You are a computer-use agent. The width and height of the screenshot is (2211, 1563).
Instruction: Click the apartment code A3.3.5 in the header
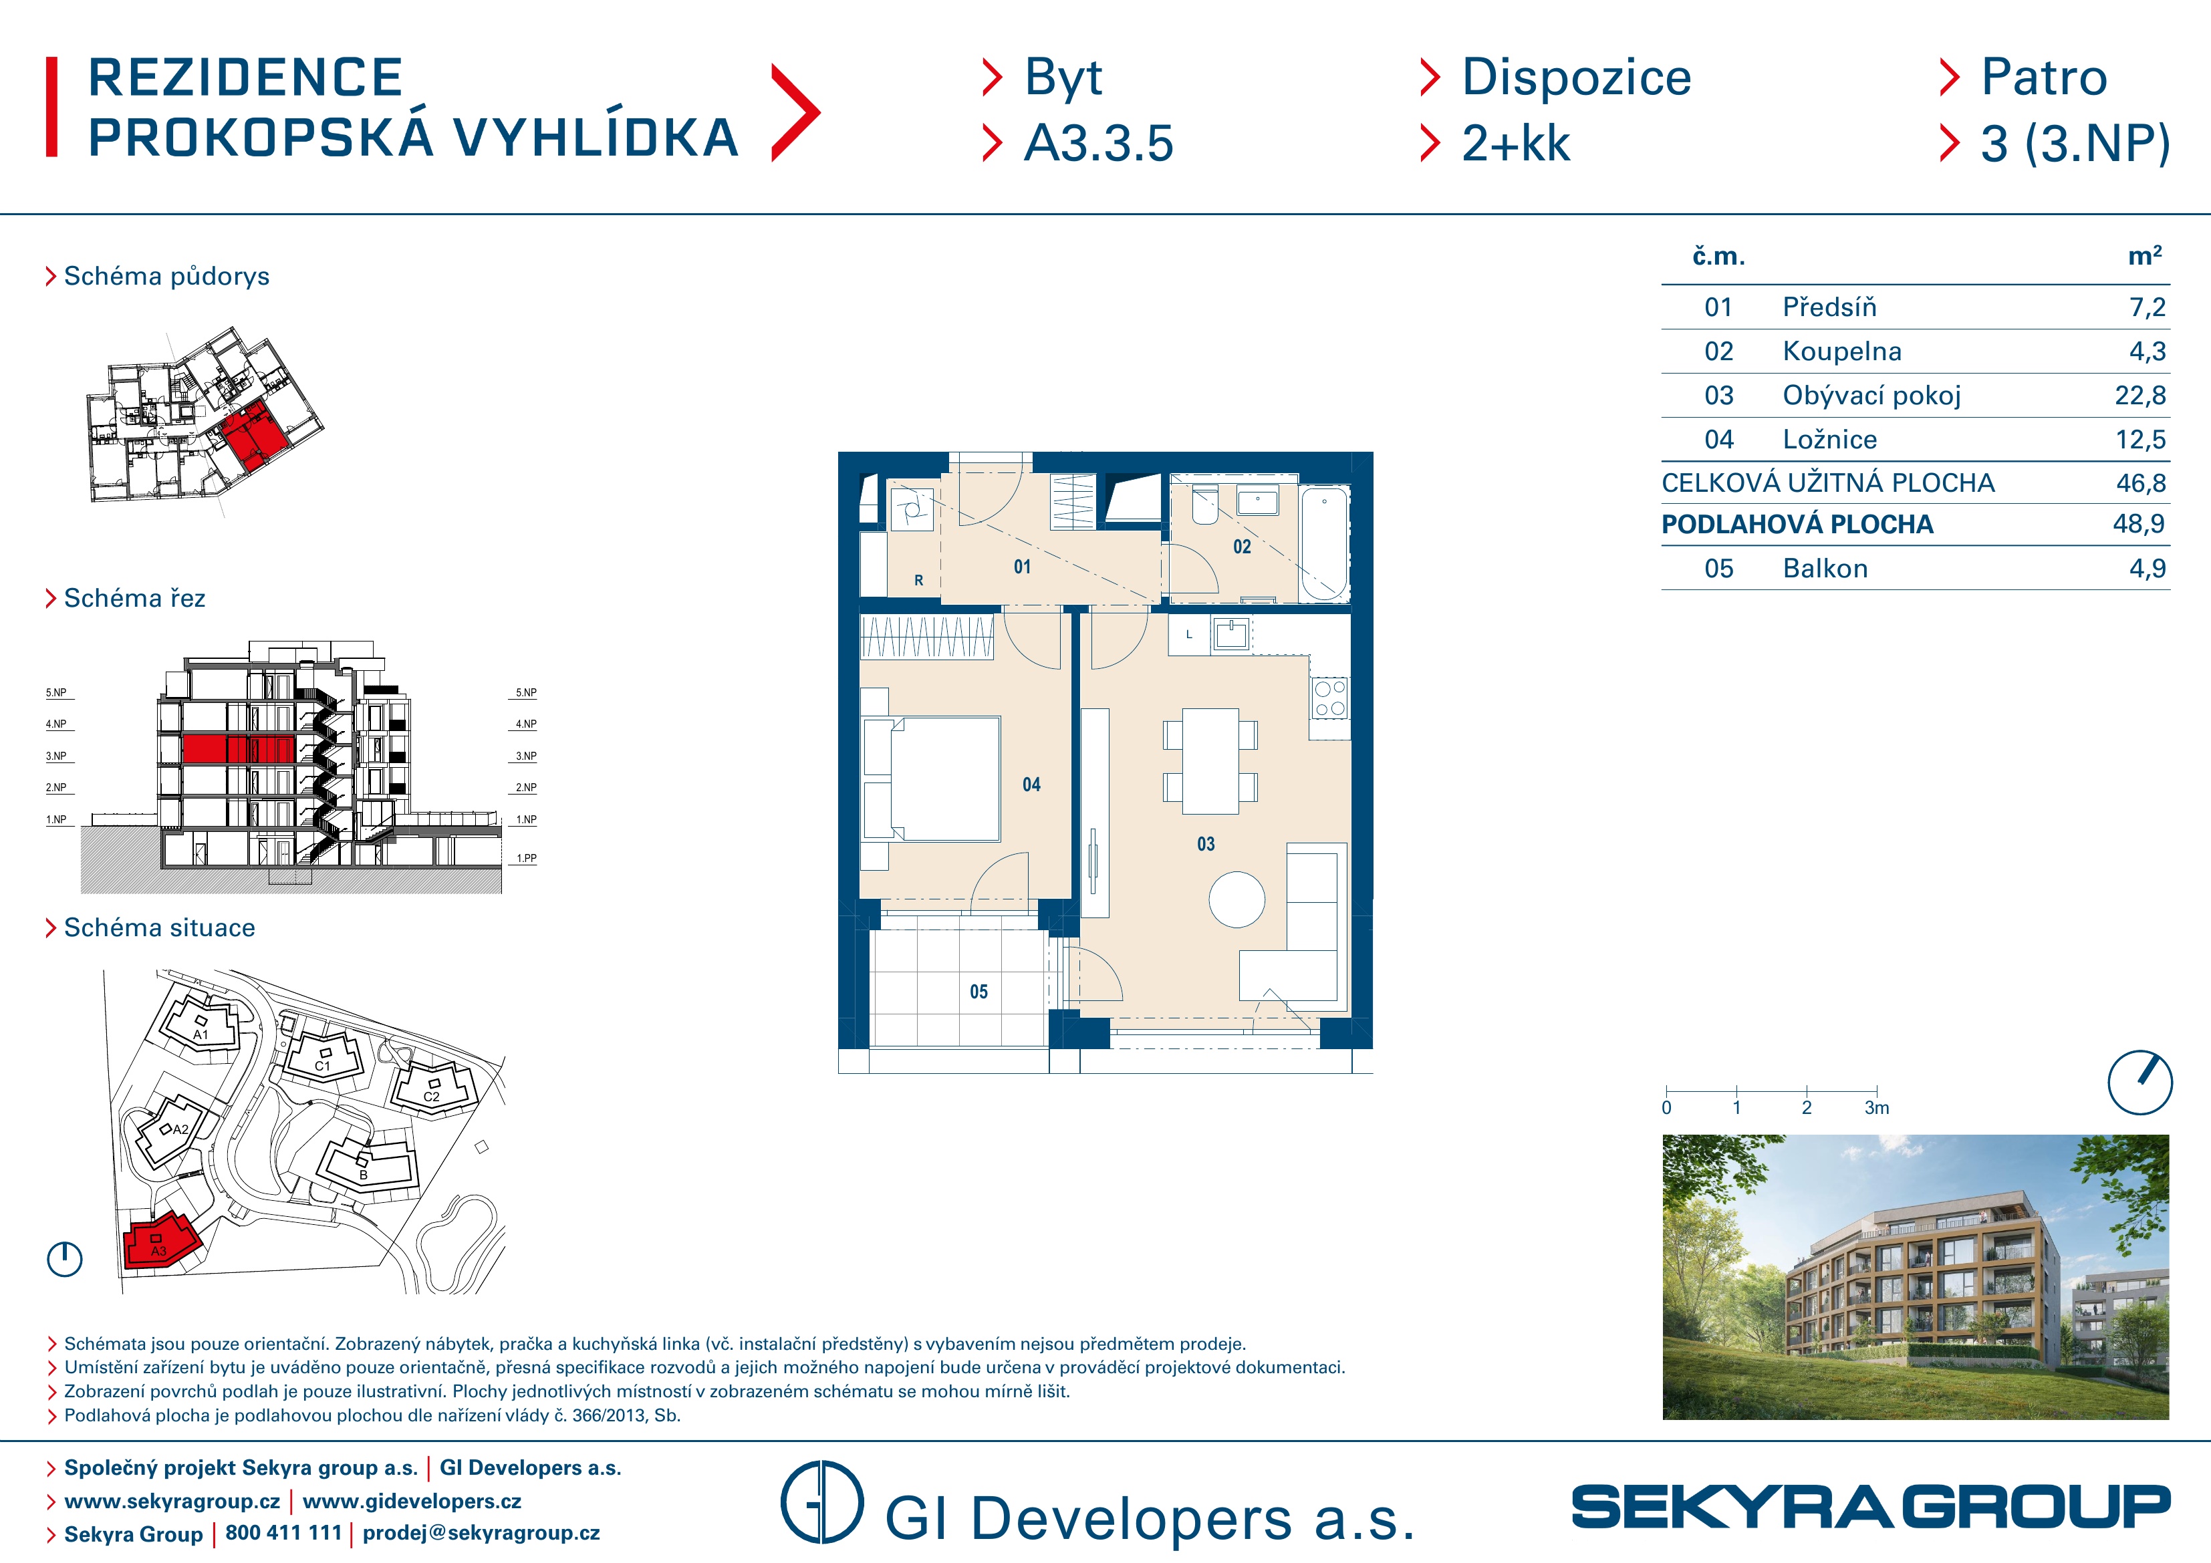[x=1099, y=144]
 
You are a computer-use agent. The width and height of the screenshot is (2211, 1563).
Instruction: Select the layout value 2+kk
[x=1516, y=144]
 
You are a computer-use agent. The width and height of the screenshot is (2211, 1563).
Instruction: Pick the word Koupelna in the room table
[x=1842, y=351]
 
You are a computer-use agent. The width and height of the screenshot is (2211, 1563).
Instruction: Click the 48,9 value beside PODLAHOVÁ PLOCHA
[x=2139, y=524]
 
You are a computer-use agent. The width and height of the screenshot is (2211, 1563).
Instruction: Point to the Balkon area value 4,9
[x=2148, y=568]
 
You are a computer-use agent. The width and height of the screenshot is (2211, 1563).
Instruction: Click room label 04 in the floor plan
[x=1031, y=785]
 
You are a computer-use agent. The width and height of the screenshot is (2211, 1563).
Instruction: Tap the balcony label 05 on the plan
[x=979, y=992]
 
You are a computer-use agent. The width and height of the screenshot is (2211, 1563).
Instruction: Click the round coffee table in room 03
[x=1237, y=899]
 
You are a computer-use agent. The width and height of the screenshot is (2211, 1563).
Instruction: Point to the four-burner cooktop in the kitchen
[x=1330, y=698]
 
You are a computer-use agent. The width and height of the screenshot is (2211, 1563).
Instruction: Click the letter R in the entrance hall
[x=918, y=581]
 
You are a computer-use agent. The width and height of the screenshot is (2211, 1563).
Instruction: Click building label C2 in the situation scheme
[x=431, y=1097]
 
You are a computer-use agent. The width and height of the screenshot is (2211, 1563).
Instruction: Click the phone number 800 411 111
[x=284, y=1533]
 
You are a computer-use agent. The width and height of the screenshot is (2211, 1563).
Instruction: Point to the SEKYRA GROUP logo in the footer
[x=1870, y=1507]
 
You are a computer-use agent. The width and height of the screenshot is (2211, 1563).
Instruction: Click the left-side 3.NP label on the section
[x=56, y=756]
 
